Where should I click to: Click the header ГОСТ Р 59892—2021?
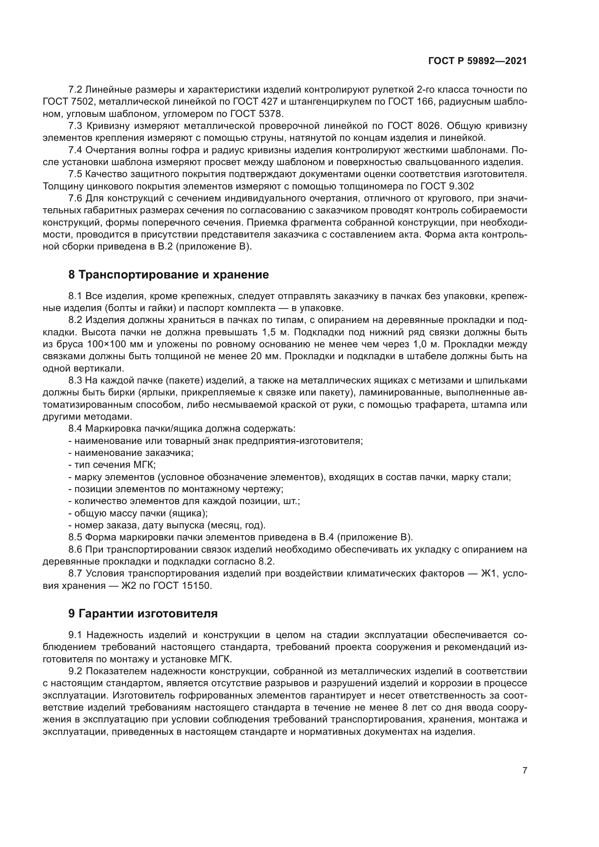[477, 61]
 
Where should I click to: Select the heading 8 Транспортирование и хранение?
[168, 275]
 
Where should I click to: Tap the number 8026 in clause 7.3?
[429, 126]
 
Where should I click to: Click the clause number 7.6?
[75, 198]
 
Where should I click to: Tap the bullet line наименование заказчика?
[134, 453]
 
